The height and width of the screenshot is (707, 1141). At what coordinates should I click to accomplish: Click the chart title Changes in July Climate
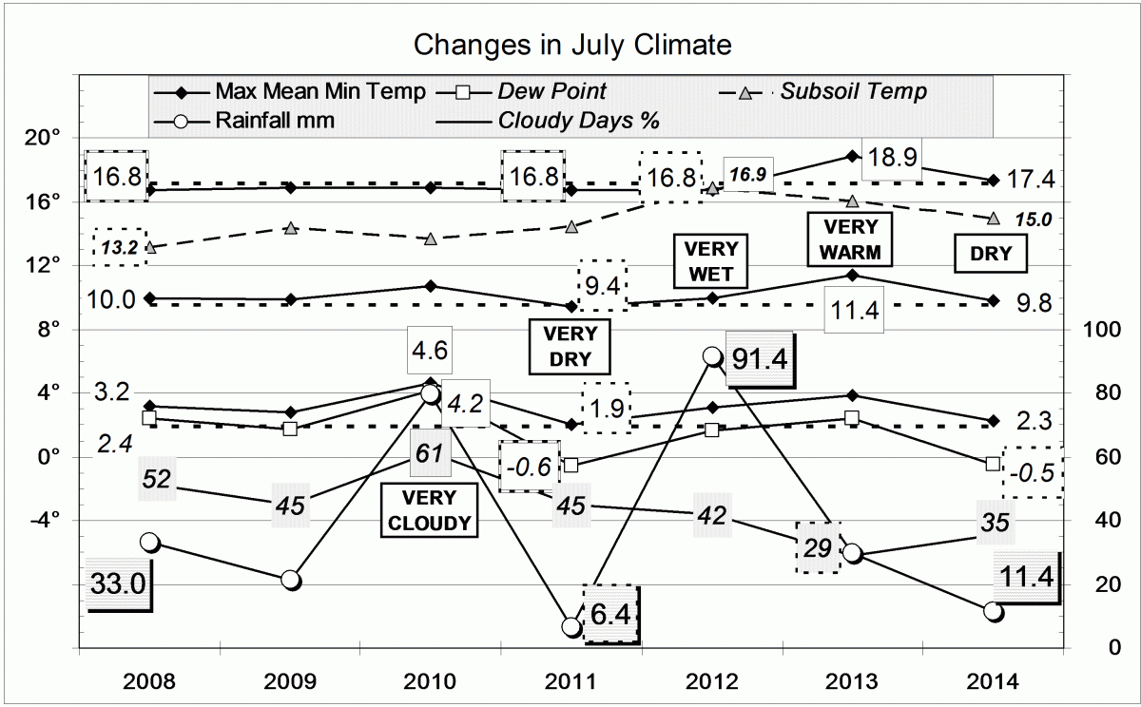coord(571,45)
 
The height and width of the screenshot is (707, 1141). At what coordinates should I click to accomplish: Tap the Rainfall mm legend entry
coord(274,121)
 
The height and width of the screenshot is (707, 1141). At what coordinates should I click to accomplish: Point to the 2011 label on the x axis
coord(571,681)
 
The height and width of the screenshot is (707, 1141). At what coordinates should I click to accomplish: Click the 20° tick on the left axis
coord(42,139)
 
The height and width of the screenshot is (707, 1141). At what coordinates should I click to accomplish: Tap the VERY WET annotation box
coord(712,259)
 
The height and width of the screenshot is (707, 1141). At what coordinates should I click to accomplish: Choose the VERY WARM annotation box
coord(852,239)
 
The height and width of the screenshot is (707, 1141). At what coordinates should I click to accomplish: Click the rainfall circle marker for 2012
coord(712,356)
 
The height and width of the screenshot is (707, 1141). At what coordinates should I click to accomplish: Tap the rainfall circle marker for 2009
coord(291,580)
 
